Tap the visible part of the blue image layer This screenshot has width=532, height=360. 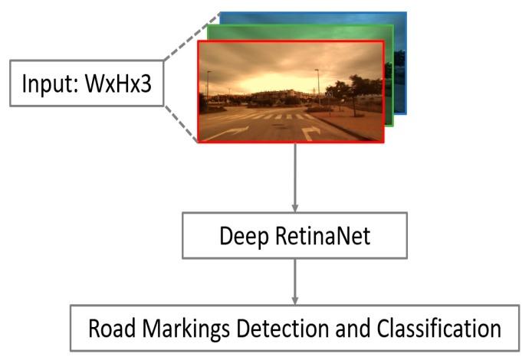[399, 61]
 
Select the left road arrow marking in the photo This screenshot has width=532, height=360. [226, 133]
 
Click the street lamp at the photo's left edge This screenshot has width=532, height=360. [207, 88]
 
